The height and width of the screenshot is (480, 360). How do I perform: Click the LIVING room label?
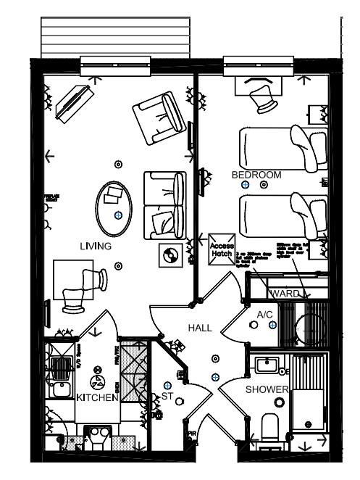96,247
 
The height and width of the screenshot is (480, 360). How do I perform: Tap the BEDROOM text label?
256,175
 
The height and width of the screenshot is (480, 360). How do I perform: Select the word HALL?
200,328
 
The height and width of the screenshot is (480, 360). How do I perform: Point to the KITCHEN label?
97,398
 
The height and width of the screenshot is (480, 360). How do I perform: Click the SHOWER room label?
267,390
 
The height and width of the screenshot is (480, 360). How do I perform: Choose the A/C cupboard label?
264,315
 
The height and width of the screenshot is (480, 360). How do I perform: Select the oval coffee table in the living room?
115,207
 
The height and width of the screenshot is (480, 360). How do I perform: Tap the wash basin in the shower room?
269,364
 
